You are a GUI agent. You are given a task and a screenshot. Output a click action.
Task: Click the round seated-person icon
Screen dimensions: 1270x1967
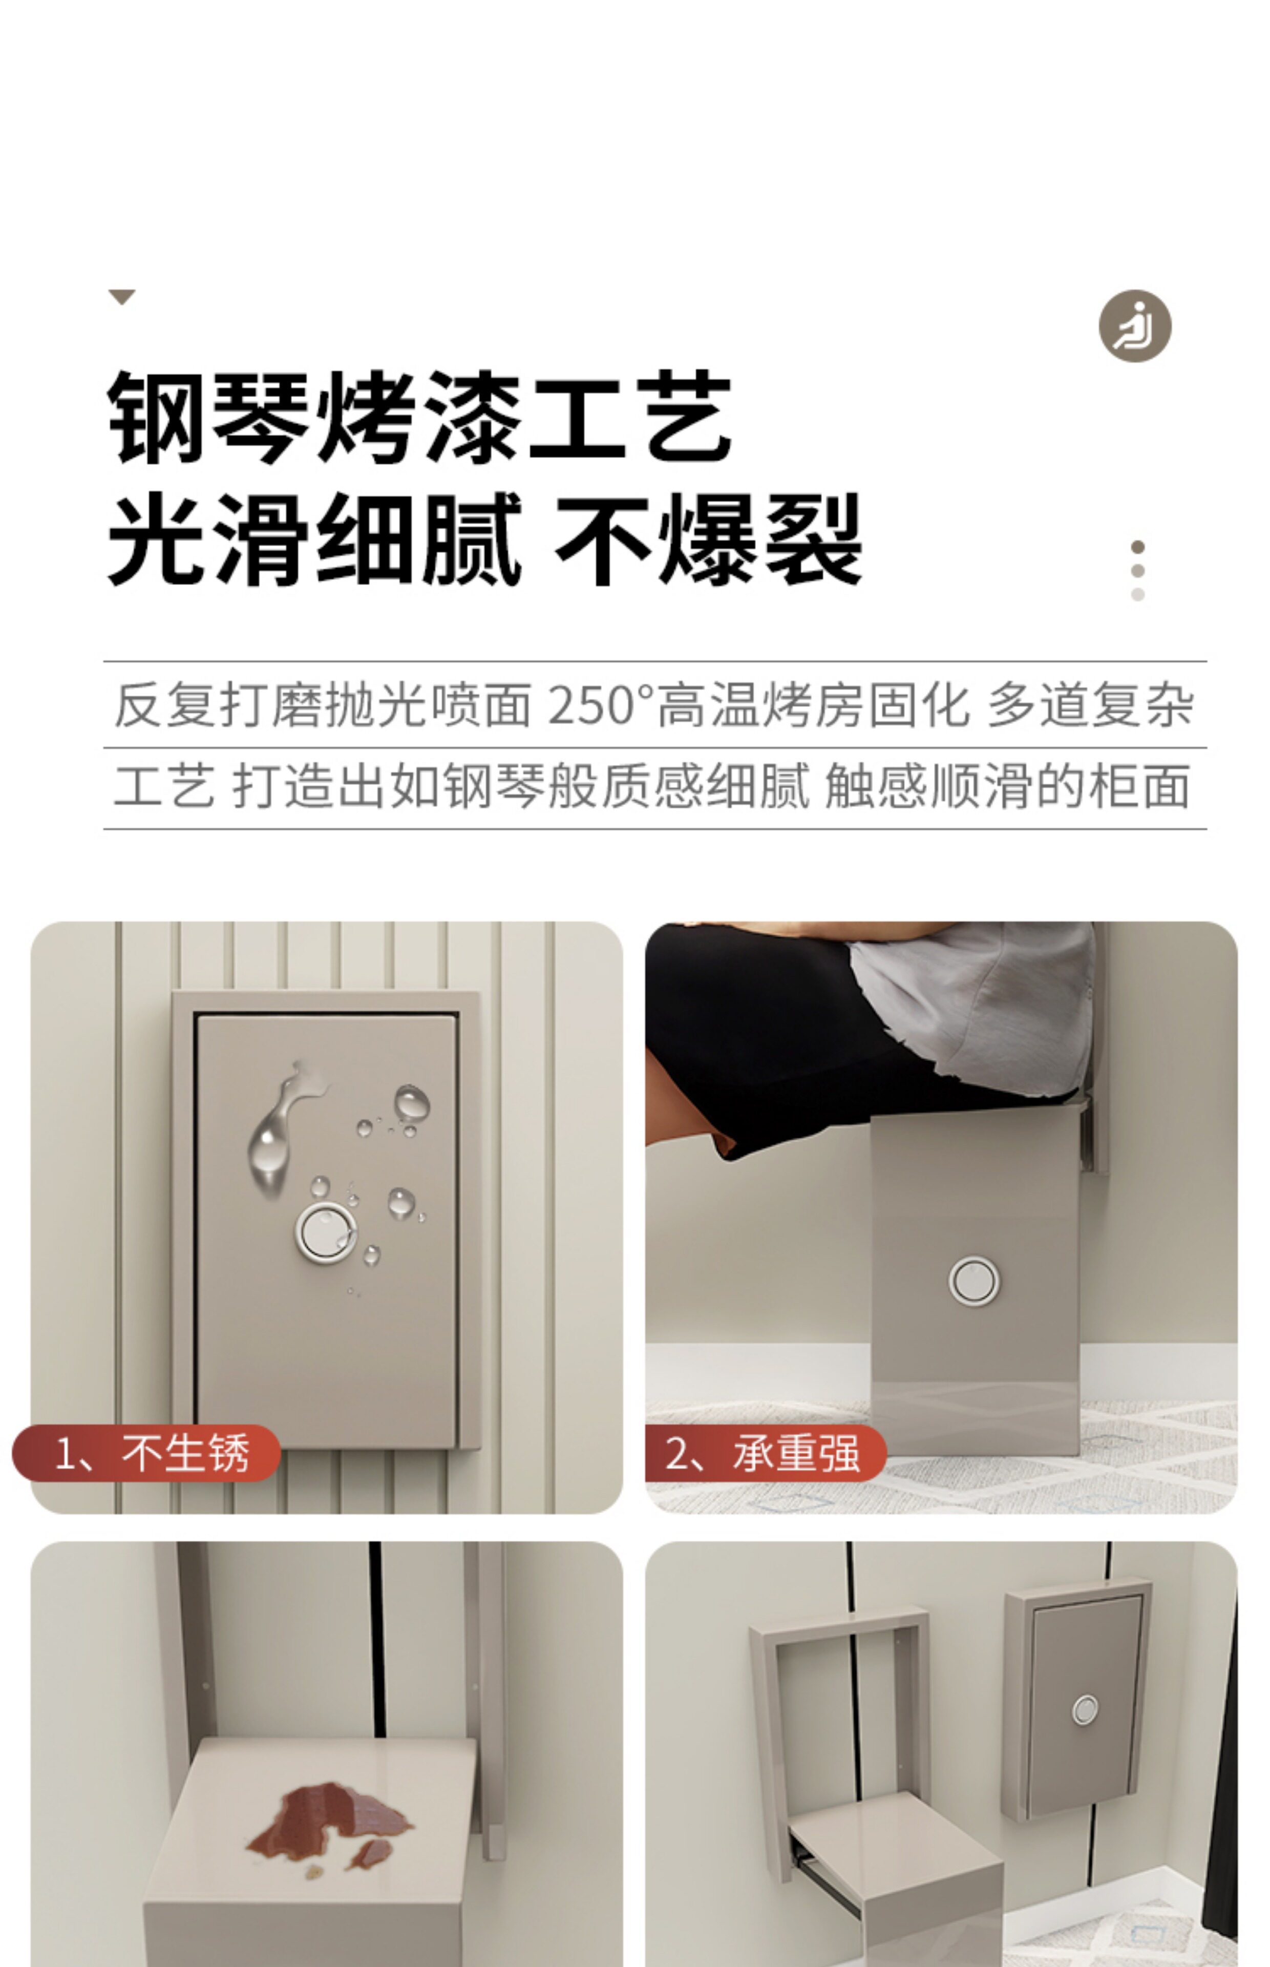tap(1135, 326)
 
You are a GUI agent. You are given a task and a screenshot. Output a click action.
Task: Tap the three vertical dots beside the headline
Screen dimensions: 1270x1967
tap(1138, 571)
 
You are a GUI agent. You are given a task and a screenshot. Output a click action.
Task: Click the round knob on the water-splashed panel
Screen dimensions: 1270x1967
tap(326, 1232)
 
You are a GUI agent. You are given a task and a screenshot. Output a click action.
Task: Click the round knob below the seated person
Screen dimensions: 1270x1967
tap(974, 1281)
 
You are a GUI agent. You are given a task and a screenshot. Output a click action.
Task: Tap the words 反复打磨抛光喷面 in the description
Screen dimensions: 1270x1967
tap(322, 705)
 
